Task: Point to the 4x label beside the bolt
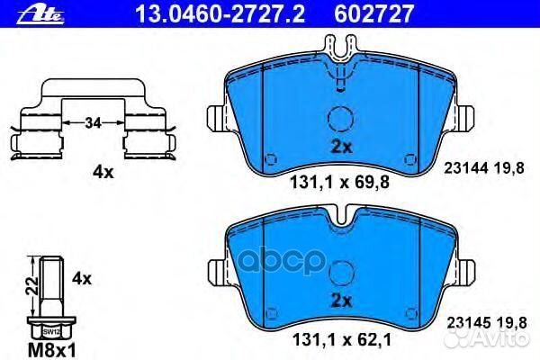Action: tap(82, 279)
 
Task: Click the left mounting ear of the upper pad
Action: tap(216, 118)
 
